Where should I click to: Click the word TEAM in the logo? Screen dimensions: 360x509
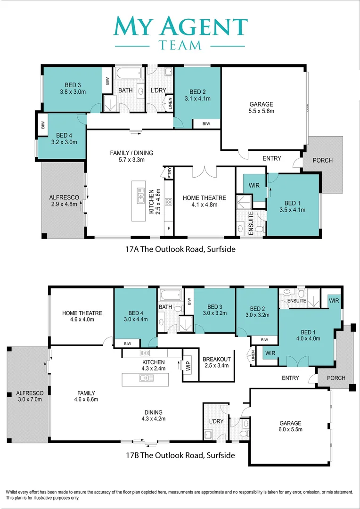(180, 44)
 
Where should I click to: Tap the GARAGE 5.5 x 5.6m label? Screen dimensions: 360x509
(262, 107)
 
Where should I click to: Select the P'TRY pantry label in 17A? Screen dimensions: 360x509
(170, 172)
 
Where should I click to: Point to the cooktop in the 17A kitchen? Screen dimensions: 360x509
(169, 202)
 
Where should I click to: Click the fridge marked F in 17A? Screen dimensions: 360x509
(169, 228)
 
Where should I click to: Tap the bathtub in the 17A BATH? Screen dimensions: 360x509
(129, 74)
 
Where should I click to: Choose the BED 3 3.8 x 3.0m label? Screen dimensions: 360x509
(73, 88)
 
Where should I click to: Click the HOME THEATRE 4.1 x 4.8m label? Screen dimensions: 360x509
(205, 201)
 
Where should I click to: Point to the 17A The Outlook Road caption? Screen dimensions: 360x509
(180, 249)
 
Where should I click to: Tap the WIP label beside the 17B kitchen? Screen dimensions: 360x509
(188, 366)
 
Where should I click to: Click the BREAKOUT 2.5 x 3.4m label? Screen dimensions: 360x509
(217, 362)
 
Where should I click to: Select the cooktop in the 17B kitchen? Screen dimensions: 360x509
(145, 353)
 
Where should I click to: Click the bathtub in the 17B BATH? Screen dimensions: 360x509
(170, 295)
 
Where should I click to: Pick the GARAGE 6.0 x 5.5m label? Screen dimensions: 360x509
(291, 426)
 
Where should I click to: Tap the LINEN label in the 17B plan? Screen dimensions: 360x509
(253, 356)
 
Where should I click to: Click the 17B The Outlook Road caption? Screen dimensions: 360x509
(180, 455)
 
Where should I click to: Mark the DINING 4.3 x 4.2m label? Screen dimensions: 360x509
(154, 415)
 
